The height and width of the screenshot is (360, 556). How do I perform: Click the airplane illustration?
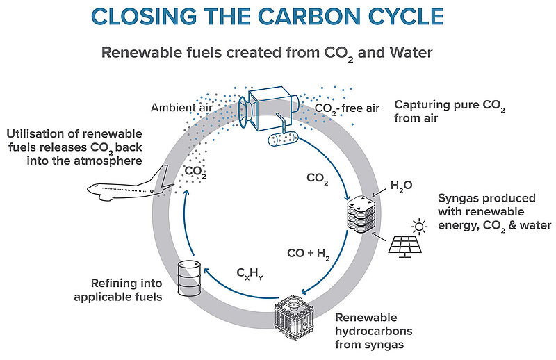131,187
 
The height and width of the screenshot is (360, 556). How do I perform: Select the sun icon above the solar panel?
419,227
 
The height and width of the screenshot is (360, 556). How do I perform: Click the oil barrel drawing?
189,278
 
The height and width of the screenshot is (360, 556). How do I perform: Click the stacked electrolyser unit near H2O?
361,213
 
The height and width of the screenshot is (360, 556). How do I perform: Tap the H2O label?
401,186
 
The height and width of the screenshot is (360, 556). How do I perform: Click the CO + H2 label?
309,254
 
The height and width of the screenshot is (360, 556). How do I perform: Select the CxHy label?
250,273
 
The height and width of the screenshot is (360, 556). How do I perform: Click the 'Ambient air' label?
181,108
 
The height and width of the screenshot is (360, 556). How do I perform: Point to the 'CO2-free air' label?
347,108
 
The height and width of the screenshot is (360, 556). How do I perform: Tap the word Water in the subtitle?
411,53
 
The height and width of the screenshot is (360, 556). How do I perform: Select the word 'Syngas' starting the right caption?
457,199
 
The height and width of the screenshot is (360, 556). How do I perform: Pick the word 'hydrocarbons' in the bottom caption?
374,332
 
